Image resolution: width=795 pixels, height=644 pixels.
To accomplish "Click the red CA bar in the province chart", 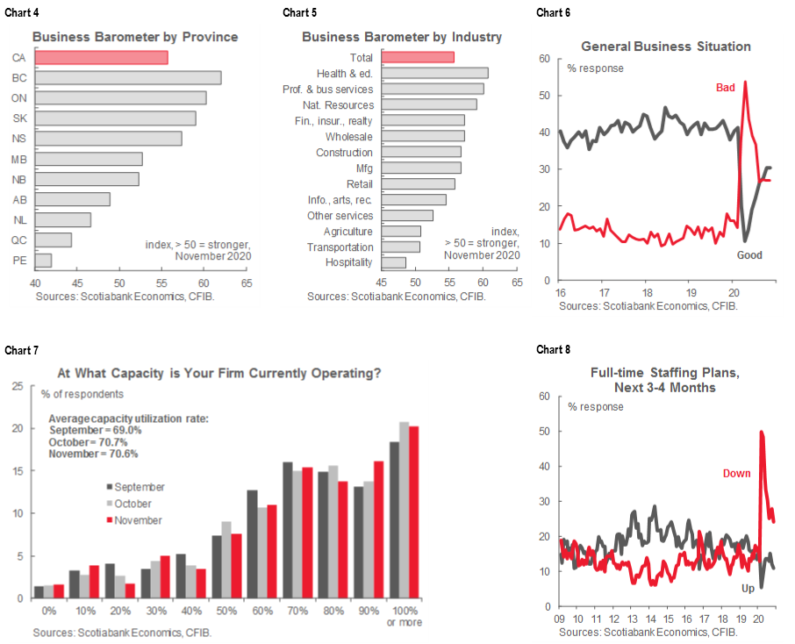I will click(x=101, y=58).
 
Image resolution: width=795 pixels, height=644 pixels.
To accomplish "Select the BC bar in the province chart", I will click(x=128, y=77).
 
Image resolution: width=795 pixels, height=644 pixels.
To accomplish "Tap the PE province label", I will click(x=18, y=261).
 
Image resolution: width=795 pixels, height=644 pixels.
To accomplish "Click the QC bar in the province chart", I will click(x=54, y=240).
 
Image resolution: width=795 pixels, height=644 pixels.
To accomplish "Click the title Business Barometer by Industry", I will click(x=402, y=37).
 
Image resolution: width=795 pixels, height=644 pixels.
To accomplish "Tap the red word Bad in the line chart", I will click(x=728, y=88).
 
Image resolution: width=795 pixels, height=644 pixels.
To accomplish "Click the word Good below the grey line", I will click(x=749, y=255).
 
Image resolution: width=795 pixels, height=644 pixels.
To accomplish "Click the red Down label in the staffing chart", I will click(x=737, y=473).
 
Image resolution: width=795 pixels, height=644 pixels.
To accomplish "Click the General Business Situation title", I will click(x=666, y=46).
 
